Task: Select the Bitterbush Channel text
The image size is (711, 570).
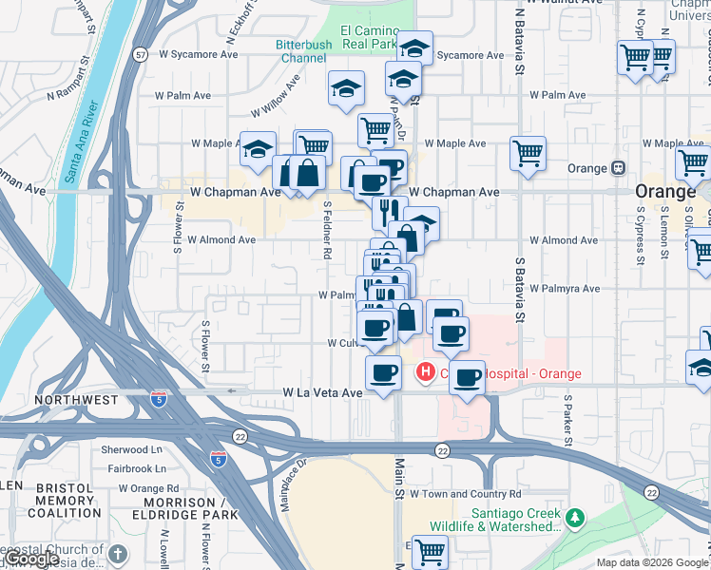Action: (303, 51)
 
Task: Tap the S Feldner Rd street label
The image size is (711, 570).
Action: (326, 230)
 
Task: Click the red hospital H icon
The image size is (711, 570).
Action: (426, 371)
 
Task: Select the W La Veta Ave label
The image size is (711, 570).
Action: (323, 392)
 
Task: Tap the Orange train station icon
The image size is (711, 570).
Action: (618, 168)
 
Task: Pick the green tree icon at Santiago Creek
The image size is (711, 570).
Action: (574, 518)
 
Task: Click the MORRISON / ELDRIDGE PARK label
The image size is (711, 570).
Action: (173, 508)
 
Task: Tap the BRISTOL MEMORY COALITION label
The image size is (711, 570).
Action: (65, 501)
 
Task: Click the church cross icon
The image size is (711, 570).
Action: (117, 553)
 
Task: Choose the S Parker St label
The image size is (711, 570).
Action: (567, 421)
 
